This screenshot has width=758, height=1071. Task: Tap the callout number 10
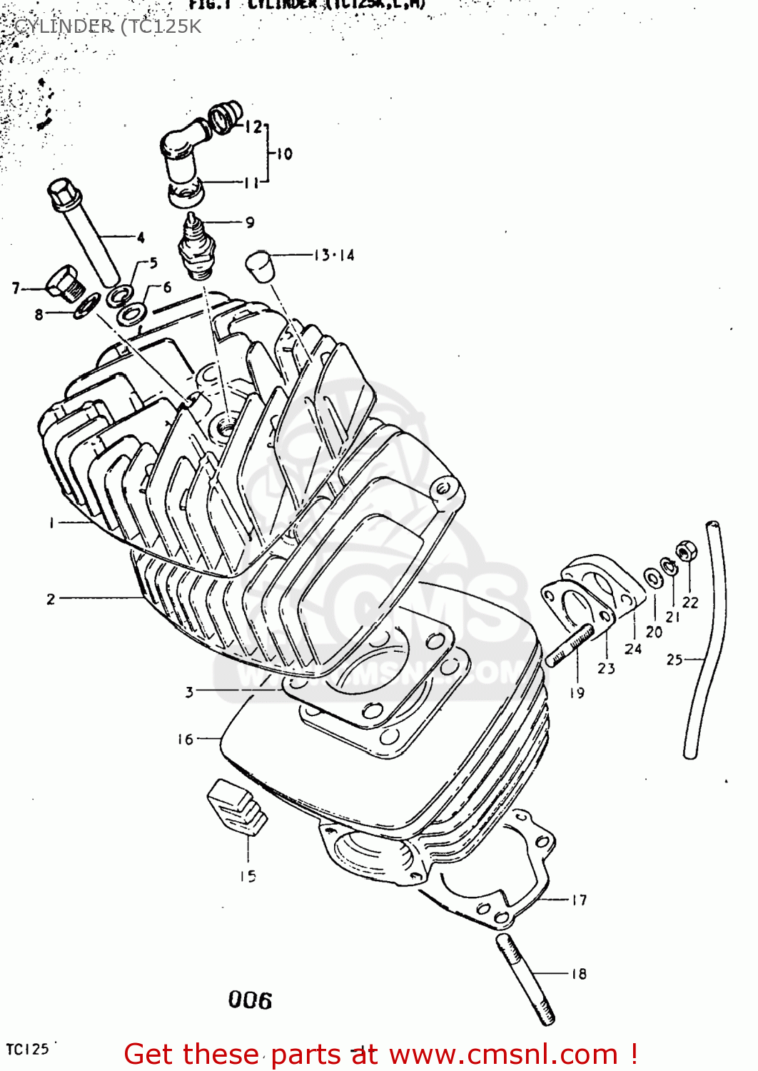coord(284,154)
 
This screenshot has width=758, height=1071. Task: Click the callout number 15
coord(248,876)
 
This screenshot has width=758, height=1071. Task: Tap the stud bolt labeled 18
coord(525,979)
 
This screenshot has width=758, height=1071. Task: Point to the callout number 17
coord(579,900)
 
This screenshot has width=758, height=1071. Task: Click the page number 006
coord(250,1000)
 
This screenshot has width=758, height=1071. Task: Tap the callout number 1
coord(51,523)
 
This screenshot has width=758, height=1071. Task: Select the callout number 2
coord(51,599)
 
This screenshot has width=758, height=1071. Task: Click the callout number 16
coord(186,739)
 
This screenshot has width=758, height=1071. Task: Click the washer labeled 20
coord(652,577)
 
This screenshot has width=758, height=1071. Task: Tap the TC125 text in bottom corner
coord(27,1049)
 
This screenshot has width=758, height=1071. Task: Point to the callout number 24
coord(633,649)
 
